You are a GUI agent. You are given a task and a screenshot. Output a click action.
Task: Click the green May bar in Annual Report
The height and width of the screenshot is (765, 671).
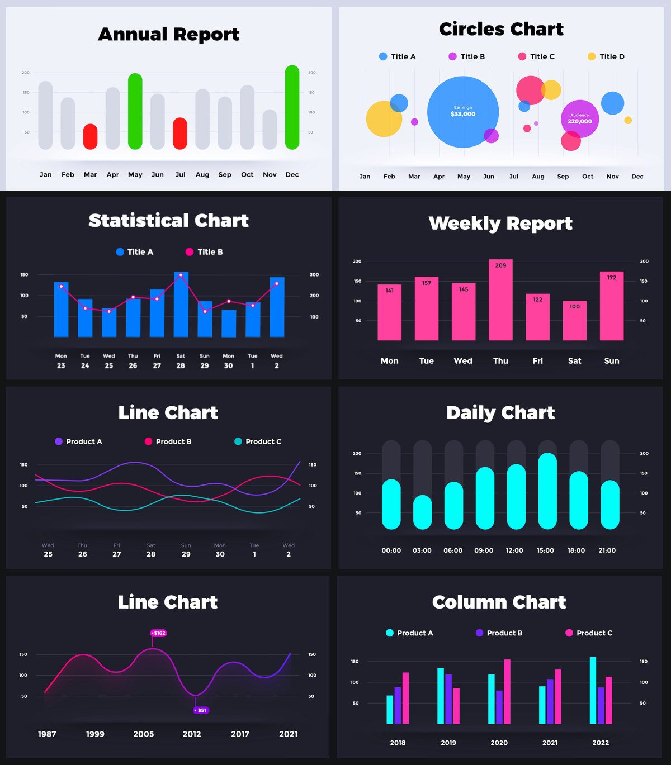[135, 111]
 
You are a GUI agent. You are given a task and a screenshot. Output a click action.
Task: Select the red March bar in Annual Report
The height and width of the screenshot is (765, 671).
[90, 137]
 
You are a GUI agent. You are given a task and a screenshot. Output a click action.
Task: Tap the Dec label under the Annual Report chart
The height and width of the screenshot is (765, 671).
[292, 175]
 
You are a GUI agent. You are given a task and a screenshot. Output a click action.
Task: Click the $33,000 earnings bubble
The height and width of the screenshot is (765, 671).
[462, 112]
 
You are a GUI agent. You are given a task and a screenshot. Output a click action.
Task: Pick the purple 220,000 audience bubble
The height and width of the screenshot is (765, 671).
[580, 118]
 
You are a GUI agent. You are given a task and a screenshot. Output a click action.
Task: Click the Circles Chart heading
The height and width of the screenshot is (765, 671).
[501, 29]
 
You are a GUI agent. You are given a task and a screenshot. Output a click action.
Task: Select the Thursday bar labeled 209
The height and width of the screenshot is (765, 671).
[500, 300]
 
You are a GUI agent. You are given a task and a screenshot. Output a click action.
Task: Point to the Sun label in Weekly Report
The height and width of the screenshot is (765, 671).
[612, 361]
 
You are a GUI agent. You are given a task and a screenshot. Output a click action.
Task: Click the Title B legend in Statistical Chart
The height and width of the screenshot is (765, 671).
[204, 252]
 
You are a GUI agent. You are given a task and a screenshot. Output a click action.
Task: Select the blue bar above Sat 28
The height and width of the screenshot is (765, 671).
[181, 305]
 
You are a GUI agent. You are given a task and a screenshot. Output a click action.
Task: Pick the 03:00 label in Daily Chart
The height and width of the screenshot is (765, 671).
[422, 550]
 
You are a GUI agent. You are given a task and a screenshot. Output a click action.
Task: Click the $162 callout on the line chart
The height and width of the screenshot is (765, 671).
[159, 633]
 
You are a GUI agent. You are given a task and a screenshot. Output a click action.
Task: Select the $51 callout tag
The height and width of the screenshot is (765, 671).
[201, 710]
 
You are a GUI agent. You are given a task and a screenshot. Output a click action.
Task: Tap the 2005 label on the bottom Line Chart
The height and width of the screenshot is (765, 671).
[144, 734]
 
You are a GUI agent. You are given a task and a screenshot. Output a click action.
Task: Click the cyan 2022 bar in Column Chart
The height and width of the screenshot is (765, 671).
[593, 691]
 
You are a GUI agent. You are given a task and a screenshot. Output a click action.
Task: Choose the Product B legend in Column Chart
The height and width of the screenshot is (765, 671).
[499, 633]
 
